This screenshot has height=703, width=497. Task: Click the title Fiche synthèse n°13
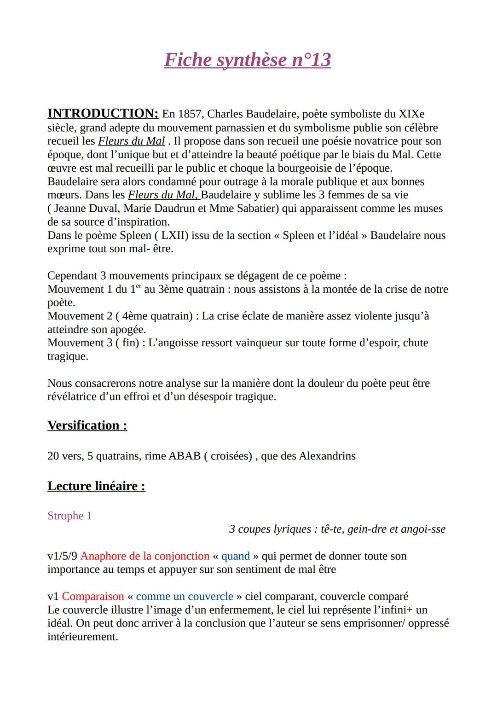point(248,60)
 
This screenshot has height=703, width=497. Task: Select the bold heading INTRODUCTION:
point(103,114)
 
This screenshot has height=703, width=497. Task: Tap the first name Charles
point(225,114)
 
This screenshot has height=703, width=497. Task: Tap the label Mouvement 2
point(79,316)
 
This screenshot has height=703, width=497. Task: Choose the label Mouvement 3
point(79,343)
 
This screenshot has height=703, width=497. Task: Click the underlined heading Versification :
point(87,425)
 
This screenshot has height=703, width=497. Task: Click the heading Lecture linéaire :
point(96,487)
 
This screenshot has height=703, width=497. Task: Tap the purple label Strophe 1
point(69,516)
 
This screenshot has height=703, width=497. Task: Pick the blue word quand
point(235,556)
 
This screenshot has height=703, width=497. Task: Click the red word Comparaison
point(93,597)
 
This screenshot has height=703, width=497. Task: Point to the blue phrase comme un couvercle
point(185,597)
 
